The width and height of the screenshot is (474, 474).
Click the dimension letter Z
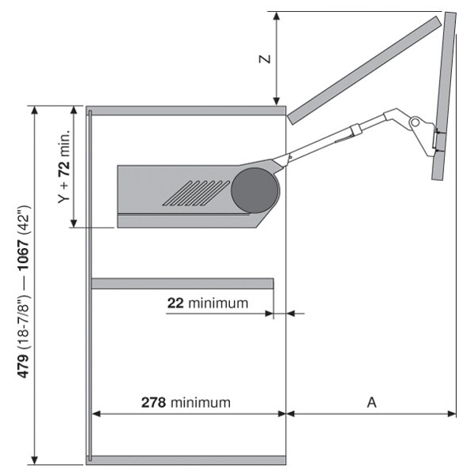click(x=266, y=58)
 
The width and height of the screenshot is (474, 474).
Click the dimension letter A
click(x=371, y=402)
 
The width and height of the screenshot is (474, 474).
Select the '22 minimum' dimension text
click(x=207, y=303)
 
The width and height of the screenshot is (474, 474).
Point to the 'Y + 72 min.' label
click(x=65, y=167)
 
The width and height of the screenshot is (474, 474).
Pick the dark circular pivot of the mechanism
click(x=255, y=190)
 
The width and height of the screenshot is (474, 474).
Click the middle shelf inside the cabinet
click(x=182, y=283)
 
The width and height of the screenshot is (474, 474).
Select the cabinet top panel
click(x=186, y=110)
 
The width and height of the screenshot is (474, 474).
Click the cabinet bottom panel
click(x=186, y=460)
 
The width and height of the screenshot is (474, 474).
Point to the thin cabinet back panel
click(x=88, y=284)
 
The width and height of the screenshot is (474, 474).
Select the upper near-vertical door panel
click(x=444, y=95)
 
